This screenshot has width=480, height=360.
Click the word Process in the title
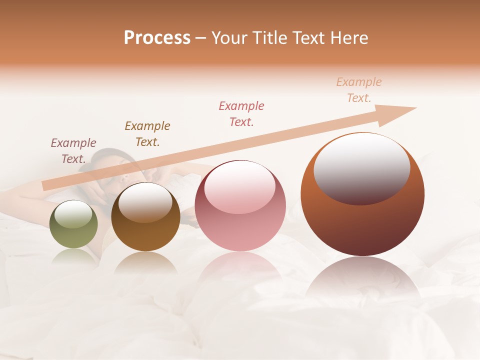click(x=157, y=38)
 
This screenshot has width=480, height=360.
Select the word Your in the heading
click(x=228, y=38)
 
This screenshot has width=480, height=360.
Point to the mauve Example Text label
click(x=73, y=150)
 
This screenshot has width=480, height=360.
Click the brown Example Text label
click(x=147, y=133)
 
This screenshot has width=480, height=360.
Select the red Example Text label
click(x=241, y=113)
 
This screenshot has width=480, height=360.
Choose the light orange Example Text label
click(x=359, y=89)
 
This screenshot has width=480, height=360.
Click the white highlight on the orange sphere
click(x=362, y=167)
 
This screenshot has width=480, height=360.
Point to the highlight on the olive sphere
click(x=73, y=214)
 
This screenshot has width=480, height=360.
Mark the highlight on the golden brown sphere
click(x=145, y=201)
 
